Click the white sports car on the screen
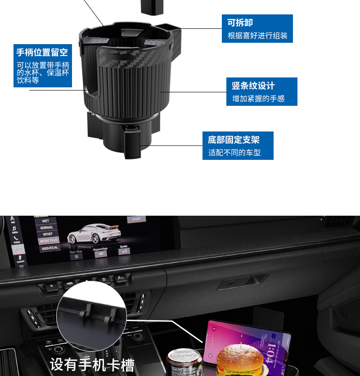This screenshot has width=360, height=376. point(94,234)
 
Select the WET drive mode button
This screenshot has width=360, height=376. point(46,221)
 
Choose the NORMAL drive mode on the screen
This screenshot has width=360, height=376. point(47,228)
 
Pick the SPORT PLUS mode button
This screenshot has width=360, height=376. point(48,241)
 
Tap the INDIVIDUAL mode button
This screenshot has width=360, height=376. point(50,248)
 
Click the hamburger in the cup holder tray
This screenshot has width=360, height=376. point(240,360)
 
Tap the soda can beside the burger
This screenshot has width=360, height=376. point(184,362)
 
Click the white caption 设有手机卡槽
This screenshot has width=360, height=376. point(92,364)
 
